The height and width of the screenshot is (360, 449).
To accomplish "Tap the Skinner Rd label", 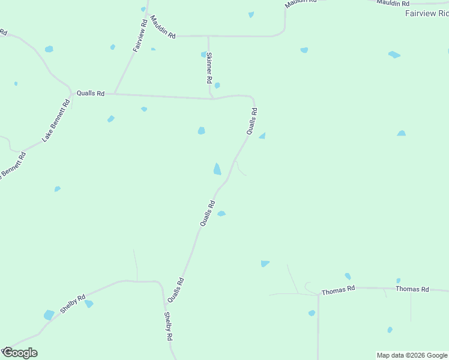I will [209, 67].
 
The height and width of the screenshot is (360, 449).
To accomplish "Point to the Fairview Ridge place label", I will [427, 13].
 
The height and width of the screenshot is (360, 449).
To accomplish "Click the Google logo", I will [20, 352].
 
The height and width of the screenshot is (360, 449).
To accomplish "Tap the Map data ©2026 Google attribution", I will [412, 355].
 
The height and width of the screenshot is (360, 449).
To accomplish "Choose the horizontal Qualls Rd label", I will [91, 94].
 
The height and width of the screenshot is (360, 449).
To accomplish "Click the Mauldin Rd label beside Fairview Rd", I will [163, 27].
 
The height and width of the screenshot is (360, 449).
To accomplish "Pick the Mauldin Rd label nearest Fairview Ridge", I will [393, 2].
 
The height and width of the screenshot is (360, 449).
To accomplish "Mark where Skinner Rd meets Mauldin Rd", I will [208, 36].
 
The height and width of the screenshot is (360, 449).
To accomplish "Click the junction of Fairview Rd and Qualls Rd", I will [115, 94].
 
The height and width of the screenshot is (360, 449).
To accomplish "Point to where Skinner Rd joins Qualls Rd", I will [212, 98].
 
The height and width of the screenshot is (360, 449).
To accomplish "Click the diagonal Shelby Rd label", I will [73, 304].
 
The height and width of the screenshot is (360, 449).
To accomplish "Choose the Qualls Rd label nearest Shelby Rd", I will [175, 289].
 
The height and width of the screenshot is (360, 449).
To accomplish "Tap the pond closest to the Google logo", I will [49, 315].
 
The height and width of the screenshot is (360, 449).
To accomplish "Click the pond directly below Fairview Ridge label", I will [394, 55].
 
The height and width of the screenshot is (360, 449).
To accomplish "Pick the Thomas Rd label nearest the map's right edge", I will [412, 289].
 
